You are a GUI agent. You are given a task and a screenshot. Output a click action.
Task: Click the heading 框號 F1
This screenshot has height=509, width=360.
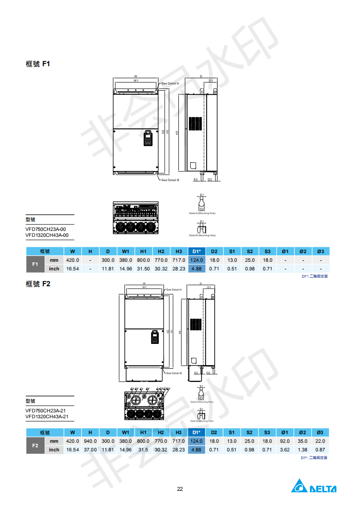(x=38, y=64)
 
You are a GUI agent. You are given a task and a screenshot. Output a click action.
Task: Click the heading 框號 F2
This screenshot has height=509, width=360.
(x=38, y=284)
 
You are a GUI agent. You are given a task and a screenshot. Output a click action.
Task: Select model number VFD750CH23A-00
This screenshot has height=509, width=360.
(x=46, y=229)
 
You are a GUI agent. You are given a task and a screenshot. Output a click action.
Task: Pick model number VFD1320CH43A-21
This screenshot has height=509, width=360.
(x=47, y=416)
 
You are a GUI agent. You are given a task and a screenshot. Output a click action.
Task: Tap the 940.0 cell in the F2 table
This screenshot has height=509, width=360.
(x=90, y=441)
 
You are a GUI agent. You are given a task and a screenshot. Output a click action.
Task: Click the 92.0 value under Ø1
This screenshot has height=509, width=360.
(x=285, y=441)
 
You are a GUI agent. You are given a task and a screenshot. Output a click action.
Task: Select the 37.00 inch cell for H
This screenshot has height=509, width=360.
(x=90, y=450)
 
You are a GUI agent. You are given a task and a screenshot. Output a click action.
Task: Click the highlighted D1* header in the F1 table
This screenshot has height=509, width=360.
(x=197, y=251)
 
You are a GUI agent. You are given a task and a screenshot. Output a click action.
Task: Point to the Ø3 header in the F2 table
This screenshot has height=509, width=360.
(x=321, y=432)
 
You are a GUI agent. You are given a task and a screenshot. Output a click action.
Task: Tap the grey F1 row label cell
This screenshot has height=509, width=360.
(x=35, y=264)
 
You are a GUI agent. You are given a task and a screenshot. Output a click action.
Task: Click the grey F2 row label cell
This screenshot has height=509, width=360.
(x=35, y=445)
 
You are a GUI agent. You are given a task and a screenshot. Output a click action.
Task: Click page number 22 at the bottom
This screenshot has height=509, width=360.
(x=180, y=489)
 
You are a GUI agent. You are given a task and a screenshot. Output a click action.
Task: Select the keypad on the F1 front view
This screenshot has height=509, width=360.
(x=148, y=138)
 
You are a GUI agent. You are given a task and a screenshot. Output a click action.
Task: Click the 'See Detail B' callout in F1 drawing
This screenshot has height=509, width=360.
(x=170, y=180)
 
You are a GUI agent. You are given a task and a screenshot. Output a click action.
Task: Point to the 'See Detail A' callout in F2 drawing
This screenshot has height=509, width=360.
(x=174, y=289)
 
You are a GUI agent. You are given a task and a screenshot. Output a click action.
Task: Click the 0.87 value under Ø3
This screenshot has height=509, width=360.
(x=321, y=450)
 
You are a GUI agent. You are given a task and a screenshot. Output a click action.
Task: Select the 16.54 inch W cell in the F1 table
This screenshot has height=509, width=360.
(x=73, y=269)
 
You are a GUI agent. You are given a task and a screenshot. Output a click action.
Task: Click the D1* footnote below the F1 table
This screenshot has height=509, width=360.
(x=315, y=276)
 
